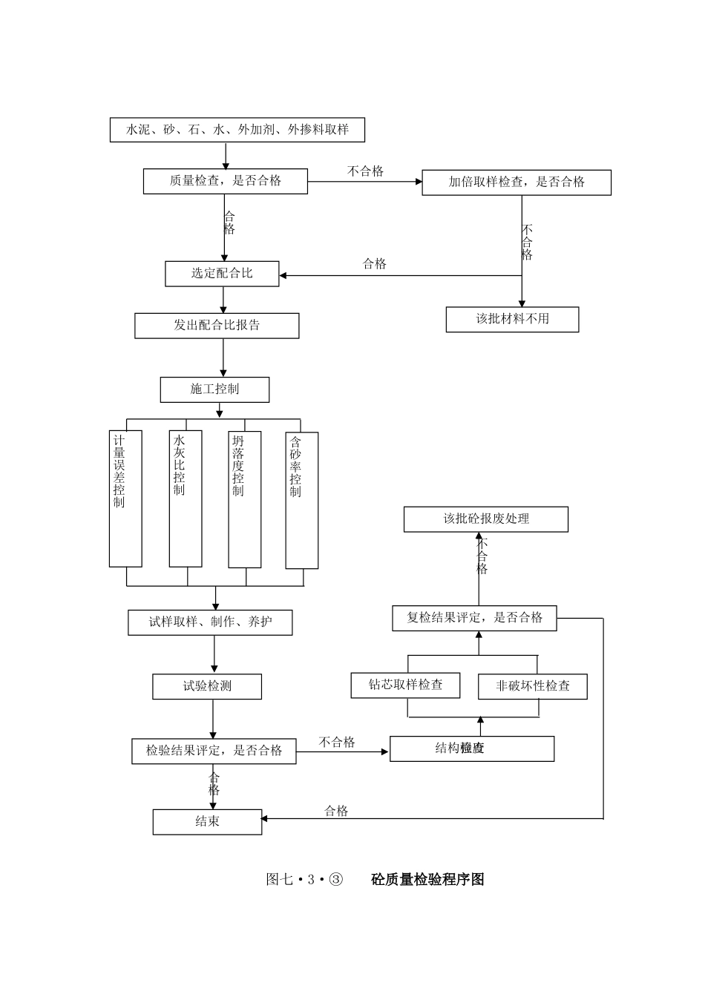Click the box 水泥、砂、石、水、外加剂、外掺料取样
pos(237,130)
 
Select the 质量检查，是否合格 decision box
pos(226,181)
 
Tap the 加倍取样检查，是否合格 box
pos(517,182)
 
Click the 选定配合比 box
pos(222,274)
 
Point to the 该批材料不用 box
pos(512,320)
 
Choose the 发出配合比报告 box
pos(217,326)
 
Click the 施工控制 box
pos(214,389)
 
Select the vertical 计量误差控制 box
pos(125,498)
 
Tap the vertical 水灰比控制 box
pos(186,498)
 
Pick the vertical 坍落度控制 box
pos(245,499)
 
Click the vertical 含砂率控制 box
pos(302,501)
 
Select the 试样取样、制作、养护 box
pos(210,622)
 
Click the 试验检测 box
pos(207,687)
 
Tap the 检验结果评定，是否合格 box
pos(214,751)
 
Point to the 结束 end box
pos(207,822)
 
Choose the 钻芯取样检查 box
pos(405,685)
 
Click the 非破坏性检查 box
pos(533,686)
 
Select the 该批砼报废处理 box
pos(486,519)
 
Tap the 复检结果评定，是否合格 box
pos(474,618)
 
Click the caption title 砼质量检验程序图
pos(427,880)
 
